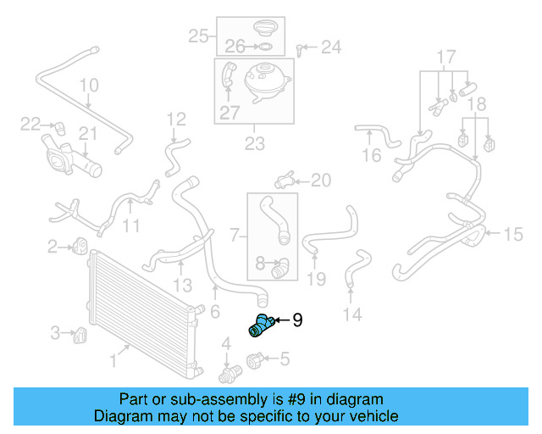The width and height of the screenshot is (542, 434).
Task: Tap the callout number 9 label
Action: (x=297, y=320)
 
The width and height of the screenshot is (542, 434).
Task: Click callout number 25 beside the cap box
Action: (x=198, y=36)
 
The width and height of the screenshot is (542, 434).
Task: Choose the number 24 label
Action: (x=331, y=47)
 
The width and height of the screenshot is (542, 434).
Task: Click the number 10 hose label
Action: (x=89, y=86)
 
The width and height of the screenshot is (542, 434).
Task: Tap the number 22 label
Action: (x=30, y=124)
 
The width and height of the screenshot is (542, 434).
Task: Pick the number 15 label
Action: (x=514, y=235)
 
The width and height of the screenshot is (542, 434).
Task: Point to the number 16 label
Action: (x=372, y=155)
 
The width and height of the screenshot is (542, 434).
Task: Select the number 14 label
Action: (x=352, y=315)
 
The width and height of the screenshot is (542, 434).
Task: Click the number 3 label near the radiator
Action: (x=56, y=333)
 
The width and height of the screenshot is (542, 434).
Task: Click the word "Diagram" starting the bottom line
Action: (x=119, y=417)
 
